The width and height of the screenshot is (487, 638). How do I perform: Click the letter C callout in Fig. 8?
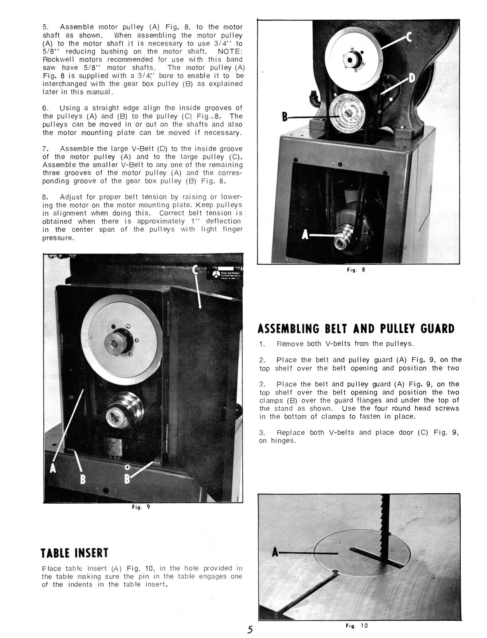(408, 38)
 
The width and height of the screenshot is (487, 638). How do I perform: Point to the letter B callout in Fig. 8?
(285, 117)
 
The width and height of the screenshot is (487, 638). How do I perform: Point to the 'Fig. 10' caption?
(357, 626)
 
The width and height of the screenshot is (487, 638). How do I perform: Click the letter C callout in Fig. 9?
(195, 270)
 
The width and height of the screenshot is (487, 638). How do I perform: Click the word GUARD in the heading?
(437, 329)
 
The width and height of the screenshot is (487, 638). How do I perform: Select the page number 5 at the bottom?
(250, 629)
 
